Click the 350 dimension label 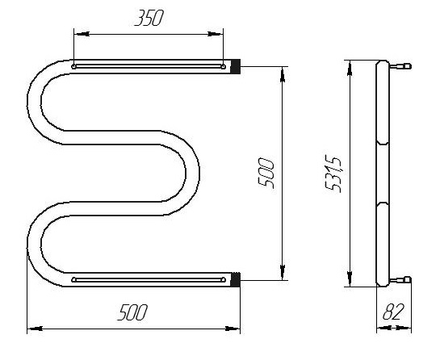(149, 19)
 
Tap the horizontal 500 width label (132, 312)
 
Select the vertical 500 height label (265, 173)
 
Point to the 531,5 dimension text (333, 174)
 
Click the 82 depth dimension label (393, 312)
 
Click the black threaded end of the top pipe (235, 66)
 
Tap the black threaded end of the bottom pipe (235, 279)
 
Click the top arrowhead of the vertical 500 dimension (283, 74)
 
